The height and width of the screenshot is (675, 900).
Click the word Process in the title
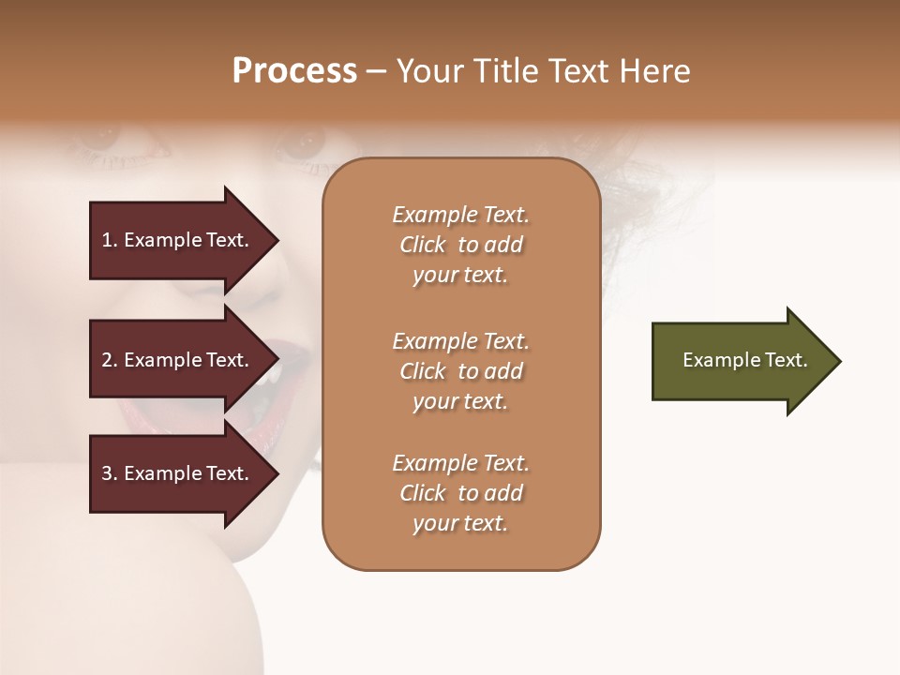(x=294, y=71)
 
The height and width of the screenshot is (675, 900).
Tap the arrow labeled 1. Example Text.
(x=178, y=240)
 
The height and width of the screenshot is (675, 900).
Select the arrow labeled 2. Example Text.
(x=178, y=360)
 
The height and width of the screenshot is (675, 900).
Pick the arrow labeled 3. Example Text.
(x=178, y=473)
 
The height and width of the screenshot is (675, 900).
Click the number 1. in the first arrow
(x=110, y=240)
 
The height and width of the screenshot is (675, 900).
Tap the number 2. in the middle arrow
(x=110, y=360)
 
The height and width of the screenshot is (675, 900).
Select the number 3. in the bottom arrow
(x=110, y=473)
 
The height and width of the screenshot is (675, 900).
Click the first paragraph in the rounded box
(x=460, y=245)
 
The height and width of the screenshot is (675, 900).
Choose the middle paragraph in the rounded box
(x=460, y=371)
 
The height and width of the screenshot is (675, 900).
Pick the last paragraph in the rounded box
(x=460, y=493)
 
